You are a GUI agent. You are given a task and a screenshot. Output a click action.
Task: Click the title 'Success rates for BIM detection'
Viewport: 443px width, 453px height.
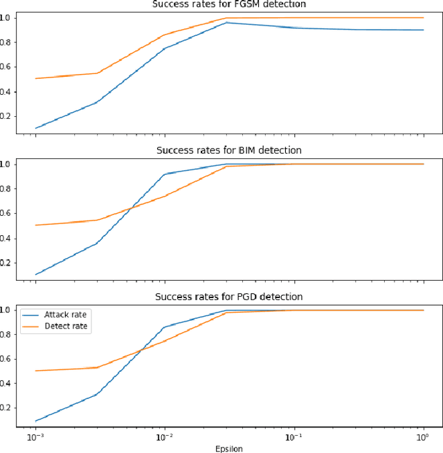click(x=228, y=150)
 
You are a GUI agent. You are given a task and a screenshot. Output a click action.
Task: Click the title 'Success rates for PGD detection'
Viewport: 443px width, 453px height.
click(x=228, y=297)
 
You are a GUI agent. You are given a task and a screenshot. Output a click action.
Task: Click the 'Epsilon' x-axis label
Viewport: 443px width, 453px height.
click(x=228, y=448)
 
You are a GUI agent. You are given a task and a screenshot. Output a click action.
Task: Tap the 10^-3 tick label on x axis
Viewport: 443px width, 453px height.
click(x=35, y=438)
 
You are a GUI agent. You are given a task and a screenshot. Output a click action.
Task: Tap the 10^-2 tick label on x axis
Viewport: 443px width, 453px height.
click(x=165, y=438)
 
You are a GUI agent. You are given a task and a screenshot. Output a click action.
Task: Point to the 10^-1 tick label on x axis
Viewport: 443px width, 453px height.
click(x=294, y=438)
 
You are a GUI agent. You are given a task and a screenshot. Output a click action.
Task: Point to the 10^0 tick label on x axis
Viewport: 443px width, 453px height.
click(x=423, y=438)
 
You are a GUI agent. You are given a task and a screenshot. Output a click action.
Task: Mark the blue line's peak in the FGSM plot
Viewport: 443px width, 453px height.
click(x=227, y=23)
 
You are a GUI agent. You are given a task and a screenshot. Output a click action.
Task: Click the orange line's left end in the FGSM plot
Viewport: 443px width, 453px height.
click(x=35, y=78)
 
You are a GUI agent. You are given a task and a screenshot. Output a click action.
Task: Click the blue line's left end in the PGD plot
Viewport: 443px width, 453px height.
click(x=35, y=420)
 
